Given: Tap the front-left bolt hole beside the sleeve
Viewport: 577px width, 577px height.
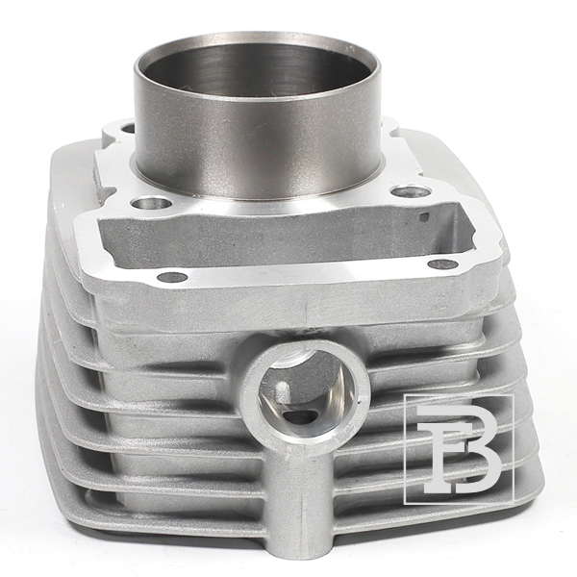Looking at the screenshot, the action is tap(152, 203).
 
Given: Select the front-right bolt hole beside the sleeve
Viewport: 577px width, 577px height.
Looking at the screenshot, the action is tap(411, 191).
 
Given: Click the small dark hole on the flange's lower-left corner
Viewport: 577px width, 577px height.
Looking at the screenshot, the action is tap(172, 277).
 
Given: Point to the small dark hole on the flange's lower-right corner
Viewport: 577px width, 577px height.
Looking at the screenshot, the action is tap(443, 263).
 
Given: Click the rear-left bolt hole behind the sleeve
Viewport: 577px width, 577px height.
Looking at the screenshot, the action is tap(128, 129).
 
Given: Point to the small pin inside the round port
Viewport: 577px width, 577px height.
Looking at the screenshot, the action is tap(283, 392).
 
